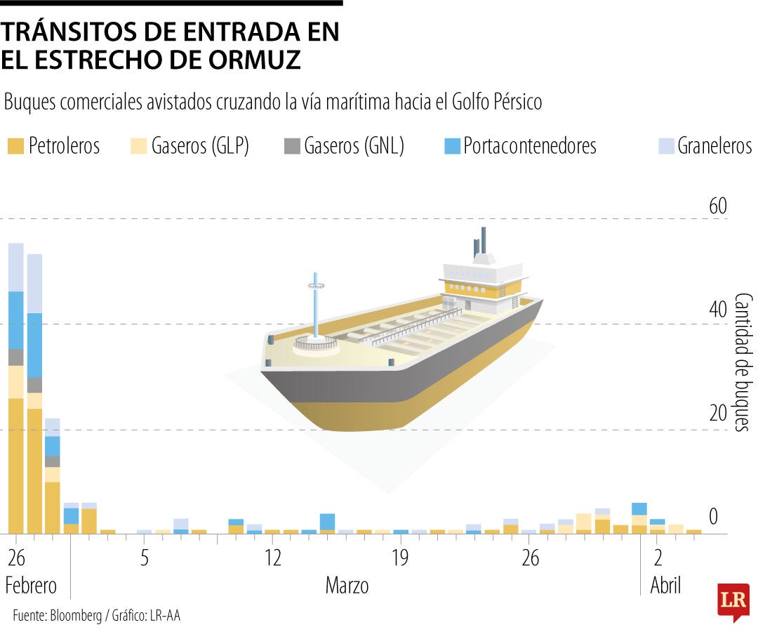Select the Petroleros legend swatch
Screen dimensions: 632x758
[x=15, y=146]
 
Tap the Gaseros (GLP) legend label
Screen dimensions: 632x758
[x=200, y=146]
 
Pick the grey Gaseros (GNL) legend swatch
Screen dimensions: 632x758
[x=292, y=146]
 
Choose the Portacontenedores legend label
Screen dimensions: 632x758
[x=530, y=146]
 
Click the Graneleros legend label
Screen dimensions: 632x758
[x=714, y=146]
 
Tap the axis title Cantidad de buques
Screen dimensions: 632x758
[x=743, y=362]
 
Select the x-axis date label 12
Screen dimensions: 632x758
[x=272, y=559]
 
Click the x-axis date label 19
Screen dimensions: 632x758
[x=400, y=559]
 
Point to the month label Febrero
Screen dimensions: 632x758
[x=31, y=586]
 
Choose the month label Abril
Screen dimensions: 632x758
[x=665, y=586]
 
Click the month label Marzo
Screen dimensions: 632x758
[x=347, y=586]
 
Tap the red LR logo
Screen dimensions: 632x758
[x=733, y=600]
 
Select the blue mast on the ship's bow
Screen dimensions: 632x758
[x=316, y=305]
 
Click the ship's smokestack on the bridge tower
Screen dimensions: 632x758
[x=481, y=242]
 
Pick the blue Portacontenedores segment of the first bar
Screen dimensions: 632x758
[x=16, y=320]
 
